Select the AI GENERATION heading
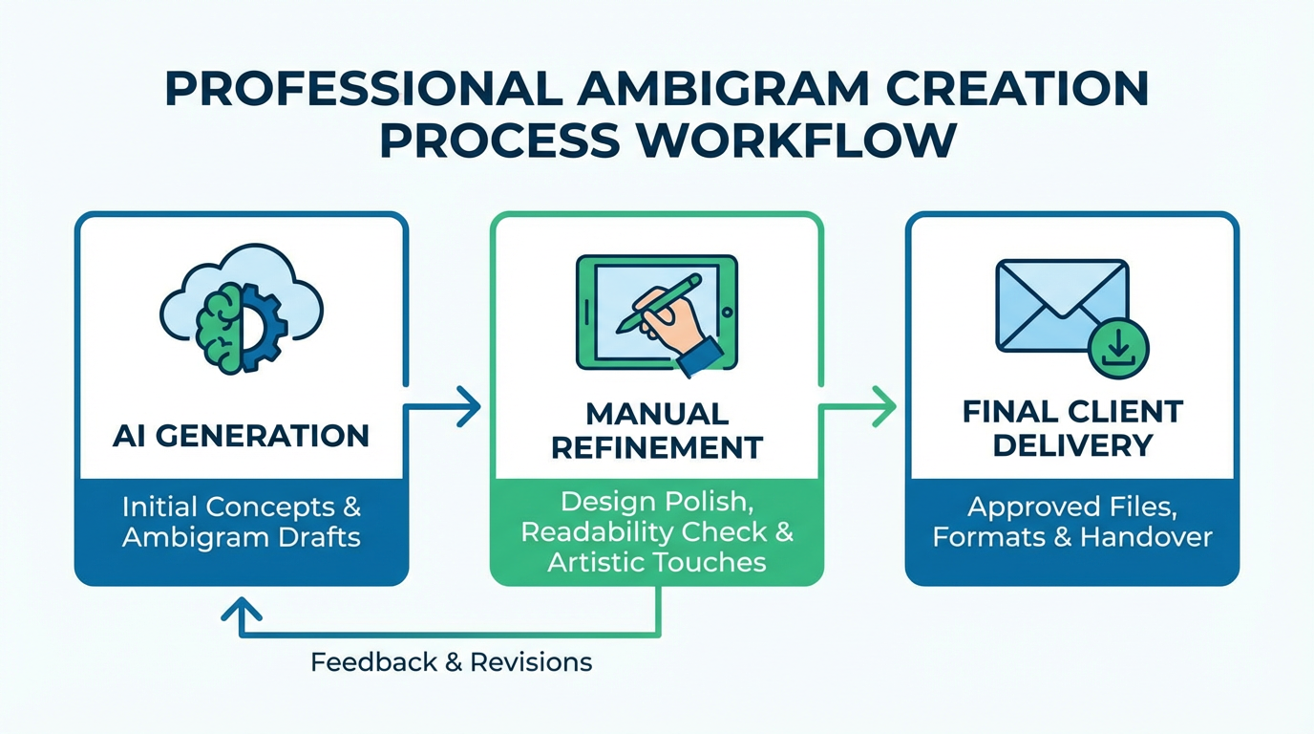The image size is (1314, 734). click(241, 436)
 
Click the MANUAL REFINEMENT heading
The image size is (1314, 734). click(657, 430)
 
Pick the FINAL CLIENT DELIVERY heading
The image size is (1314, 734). click(1072, 428)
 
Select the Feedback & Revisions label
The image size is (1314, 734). click(451, 661)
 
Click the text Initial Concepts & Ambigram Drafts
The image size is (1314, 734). click(241, 522)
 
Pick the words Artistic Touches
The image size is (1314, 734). click(657, 561)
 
